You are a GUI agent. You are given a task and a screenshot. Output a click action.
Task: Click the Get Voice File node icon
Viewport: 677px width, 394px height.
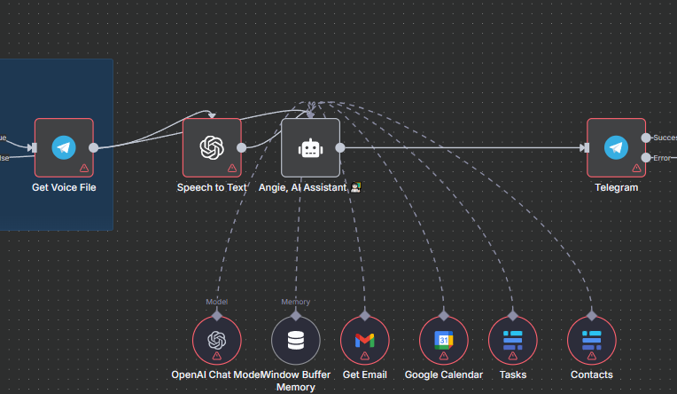pos(64,147)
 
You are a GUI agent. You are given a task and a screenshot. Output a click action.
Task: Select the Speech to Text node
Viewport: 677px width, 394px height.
pos(212,147)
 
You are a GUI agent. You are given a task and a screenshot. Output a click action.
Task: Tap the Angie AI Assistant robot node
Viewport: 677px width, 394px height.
pos(310,147)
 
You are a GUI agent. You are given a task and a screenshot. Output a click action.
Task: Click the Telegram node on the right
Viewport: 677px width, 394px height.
pos(616,147)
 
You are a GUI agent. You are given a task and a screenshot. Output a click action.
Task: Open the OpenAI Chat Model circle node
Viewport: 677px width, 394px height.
pos(217,341)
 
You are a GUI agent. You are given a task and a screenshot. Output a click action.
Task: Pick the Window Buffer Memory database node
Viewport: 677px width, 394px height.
pos(296,341)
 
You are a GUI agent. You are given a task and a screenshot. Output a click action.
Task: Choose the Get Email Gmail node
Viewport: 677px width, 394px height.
pos(365,341)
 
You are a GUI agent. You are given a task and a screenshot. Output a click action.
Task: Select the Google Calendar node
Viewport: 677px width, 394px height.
pos(443,341)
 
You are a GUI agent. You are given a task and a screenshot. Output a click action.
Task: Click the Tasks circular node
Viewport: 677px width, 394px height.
pos(513,341)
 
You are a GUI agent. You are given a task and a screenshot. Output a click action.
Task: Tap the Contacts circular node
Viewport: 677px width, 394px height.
pos(592,341)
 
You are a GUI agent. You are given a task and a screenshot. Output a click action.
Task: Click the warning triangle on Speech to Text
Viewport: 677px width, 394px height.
pos(232,168)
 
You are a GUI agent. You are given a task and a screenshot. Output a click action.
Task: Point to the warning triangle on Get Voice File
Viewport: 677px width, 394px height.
pos(84,168)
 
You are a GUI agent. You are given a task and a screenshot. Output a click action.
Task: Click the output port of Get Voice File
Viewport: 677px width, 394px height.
pos(94,147)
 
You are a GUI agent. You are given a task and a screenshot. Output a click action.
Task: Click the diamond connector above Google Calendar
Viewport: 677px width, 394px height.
pos(443,314)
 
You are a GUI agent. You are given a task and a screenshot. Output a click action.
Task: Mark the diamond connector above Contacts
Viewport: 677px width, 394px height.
pos(592,314)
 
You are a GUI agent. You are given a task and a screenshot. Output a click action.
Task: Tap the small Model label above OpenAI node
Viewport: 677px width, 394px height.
pos(217,302)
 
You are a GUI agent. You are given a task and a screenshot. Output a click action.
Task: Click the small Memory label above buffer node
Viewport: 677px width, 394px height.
pos(296,302)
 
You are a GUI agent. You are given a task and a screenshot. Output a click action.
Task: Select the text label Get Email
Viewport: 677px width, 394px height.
pos(365,374)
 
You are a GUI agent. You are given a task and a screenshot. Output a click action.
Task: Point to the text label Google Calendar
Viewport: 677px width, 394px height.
pos(443,374)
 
